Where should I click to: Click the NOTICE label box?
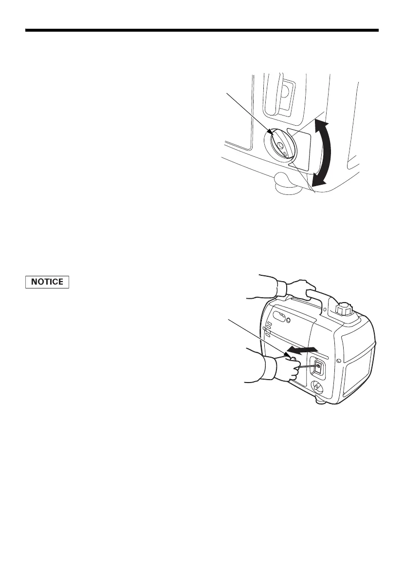coord(47,282)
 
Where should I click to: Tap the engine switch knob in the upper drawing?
coord(281,144)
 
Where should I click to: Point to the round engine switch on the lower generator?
coord(317,388)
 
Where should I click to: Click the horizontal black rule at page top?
coord(202,31)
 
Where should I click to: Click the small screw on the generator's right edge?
coord(372,361)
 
